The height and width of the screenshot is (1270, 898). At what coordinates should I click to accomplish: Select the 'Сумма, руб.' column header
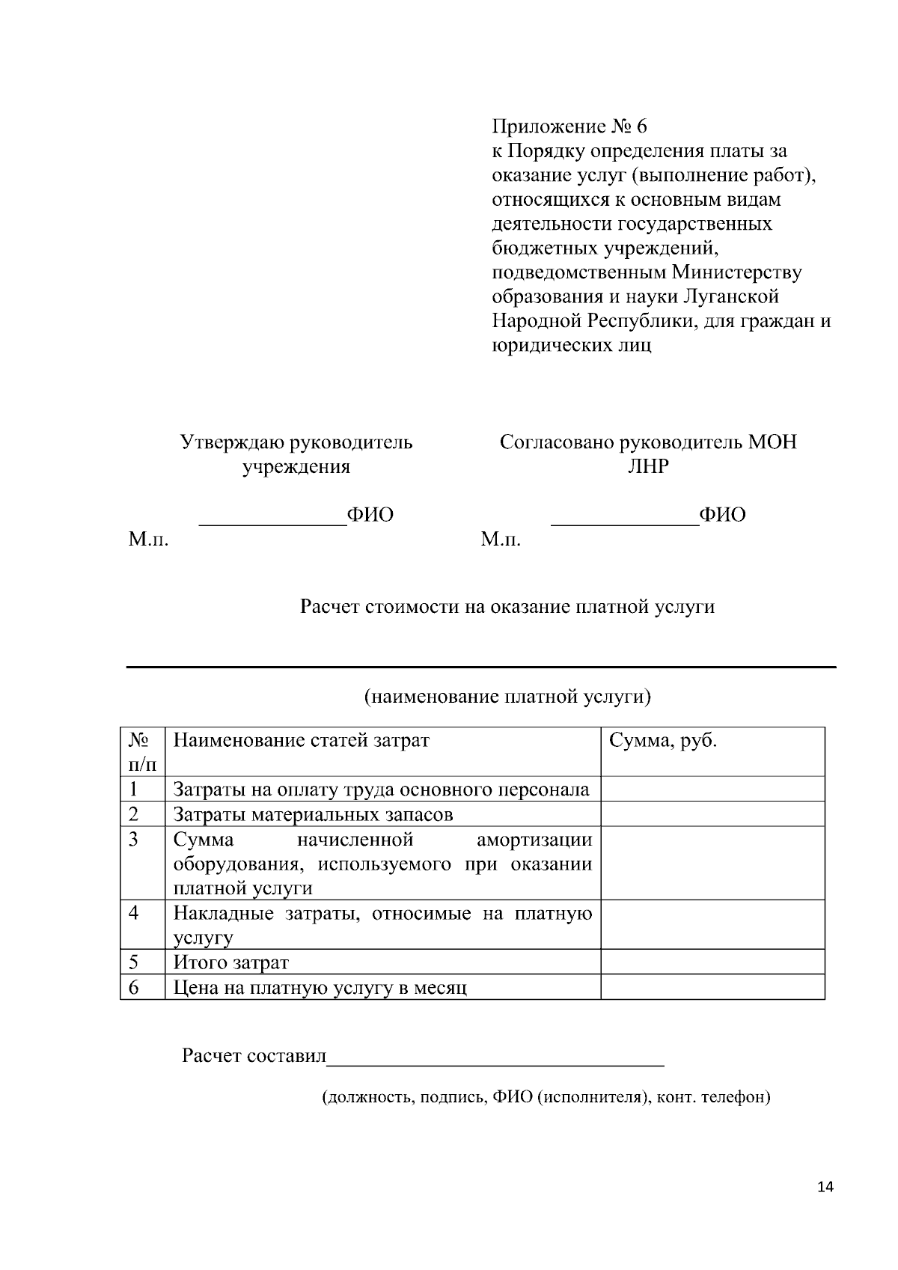pos(663,741)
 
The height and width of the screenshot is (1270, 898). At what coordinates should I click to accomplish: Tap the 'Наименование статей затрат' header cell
pos(302,741)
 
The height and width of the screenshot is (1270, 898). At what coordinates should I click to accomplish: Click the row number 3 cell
pos(134,839)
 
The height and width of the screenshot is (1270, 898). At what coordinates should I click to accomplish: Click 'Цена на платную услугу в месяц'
pos(320,988)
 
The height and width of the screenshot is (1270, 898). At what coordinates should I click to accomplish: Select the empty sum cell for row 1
pos(712,790)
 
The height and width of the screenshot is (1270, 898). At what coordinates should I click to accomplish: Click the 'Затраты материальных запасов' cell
pos(313,814)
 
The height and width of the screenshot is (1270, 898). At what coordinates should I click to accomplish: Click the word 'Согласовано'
pos(557,442)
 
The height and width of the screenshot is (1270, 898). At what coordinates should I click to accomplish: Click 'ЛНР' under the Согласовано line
pos(648,467)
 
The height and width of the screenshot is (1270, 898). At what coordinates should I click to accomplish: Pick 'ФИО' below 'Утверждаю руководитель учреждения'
pos(370,515)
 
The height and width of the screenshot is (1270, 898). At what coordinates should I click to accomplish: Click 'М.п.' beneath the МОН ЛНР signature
pos(501,540)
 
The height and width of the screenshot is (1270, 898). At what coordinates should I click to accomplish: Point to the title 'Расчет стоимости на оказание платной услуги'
pos(507,606)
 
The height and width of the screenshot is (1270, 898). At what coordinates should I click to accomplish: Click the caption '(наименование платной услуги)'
pos(507,697)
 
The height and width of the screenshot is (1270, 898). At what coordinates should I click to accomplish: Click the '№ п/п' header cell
pos(142,751)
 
